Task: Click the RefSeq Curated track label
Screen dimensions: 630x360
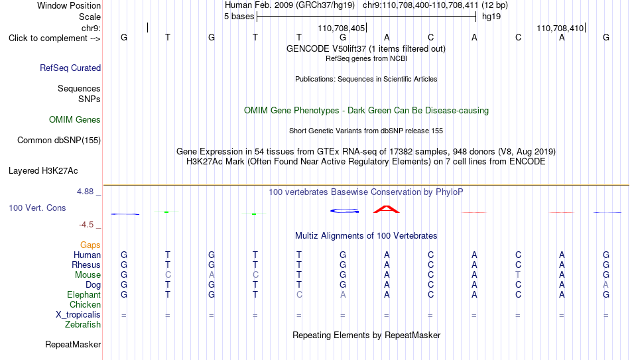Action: click(70, 68)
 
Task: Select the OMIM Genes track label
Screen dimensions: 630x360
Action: click(75, 120)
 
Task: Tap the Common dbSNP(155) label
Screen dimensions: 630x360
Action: click(59, 141)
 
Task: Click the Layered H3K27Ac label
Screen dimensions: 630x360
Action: click(43, 171)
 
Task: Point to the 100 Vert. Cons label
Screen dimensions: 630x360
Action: click(37, 208)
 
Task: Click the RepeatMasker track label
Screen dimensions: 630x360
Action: click(73, 344)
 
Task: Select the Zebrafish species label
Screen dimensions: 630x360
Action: click(83, 324)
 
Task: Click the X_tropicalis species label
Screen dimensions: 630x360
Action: click(78, 315)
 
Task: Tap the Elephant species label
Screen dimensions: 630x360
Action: click(84, 294)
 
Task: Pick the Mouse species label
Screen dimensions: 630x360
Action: click(88, 275)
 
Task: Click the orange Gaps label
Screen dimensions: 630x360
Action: click(90, 245)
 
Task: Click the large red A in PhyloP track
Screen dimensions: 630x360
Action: click(387, 210)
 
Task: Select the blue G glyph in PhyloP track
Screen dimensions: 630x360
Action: click(344, 211)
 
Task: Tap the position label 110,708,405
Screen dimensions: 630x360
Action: click(341, 28)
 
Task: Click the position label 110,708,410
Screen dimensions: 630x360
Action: click(560, 28)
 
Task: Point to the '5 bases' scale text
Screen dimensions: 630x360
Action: click(239, 17)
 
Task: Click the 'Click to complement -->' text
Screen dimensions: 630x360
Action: click(54, 38)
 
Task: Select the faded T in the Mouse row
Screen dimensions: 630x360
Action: click(518, 275)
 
